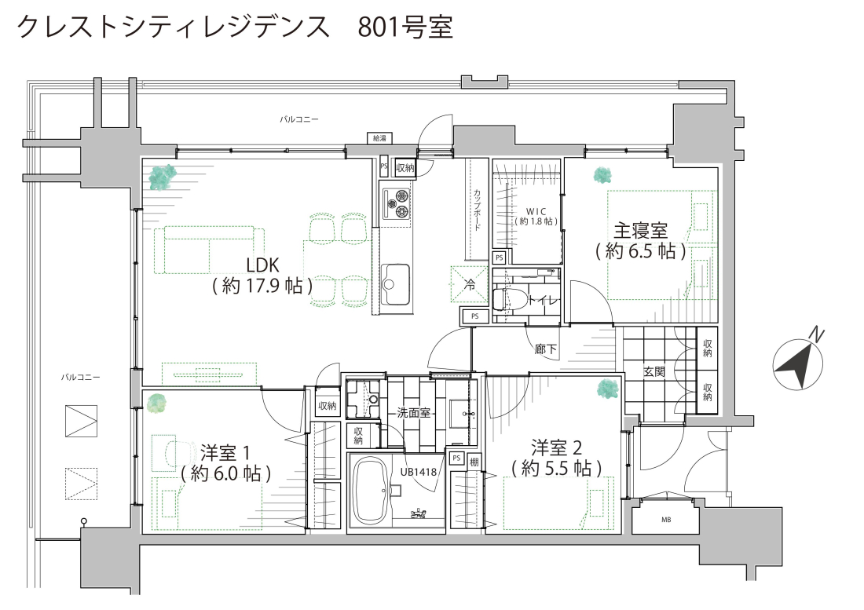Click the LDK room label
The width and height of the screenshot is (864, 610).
point(263,265)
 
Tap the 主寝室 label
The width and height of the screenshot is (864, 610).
point(641,230)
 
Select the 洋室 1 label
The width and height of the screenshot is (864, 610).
point(225,452)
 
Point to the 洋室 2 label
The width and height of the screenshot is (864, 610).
point(557,447)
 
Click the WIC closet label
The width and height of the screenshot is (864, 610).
point(536,211)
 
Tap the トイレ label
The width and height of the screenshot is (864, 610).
point(544,301)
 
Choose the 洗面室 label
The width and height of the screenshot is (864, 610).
point(413,412)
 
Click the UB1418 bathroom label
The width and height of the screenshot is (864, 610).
point(419,472)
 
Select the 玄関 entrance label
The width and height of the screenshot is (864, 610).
point(654,371)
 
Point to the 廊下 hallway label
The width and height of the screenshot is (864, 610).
point(546,349)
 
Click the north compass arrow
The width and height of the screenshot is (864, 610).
point(799,365)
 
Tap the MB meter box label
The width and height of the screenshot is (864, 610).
point(666,520)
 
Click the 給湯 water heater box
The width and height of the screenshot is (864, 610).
point(379,138)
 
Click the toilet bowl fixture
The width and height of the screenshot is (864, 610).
point(500,301)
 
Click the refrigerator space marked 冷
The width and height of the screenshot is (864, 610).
point(470,284)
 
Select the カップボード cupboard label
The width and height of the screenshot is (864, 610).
point(477,209)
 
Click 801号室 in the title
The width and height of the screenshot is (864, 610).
point(405,26)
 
